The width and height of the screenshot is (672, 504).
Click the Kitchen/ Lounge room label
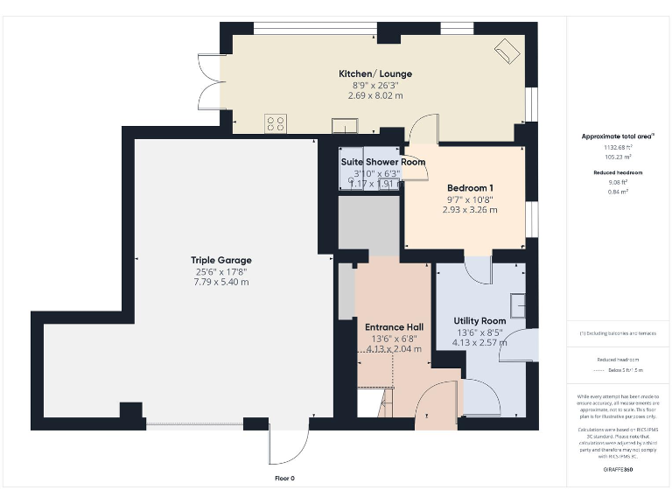pos(375,73)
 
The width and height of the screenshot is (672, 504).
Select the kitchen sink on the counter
pos(340,123)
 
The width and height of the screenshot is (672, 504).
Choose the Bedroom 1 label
pos(470,188)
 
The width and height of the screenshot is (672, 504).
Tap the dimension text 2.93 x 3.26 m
pos(470,210)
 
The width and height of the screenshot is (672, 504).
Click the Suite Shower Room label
pos(382,162)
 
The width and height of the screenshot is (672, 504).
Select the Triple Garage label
pos(221,260)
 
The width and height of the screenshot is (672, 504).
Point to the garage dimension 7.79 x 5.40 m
pos(221,282)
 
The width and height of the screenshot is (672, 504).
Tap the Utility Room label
pos(479,321)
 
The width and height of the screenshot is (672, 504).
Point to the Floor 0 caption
pos(285,479)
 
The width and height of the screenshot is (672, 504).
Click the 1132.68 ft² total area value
pos(618,147)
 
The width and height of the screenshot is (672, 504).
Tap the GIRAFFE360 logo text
pos(618,470)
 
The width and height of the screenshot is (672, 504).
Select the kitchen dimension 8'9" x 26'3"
pos(375,85)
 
